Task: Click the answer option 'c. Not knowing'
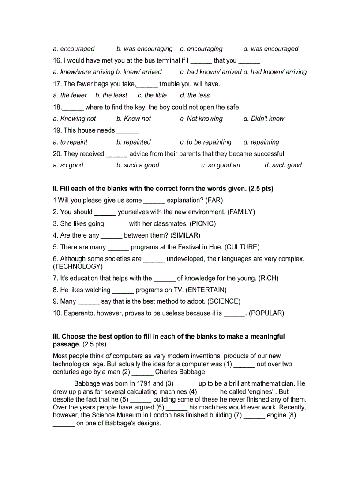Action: click(201, 119)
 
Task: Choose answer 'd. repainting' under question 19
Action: click(261, 142)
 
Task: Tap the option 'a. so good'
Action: click(68, 165)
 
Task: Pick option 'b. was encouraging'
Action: click(144, 49)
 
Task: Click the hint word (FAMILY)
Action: click(241, 212)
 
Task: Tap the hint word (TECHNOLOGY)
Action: click(78, 267)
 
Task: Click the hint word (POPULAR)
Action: click(266, 313)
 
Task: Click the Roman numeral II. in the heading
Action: click(56, 189)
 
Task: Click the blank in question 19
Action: click(127, 131)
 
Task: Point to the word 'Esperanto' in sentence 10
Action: click(79, 313)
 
